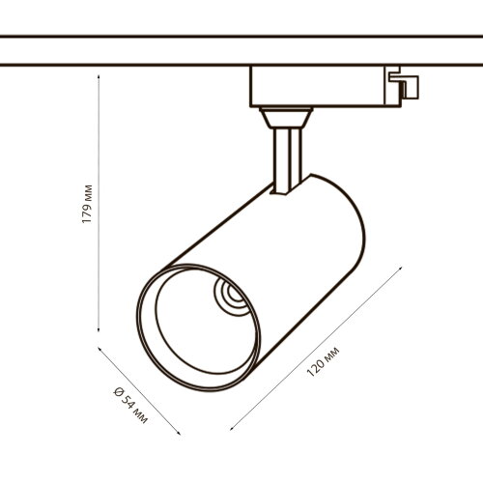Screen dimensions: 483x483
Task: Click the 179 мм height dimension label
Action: point(88,205)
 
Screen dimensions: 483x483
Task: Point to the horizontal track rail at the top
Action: point(241,51)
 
